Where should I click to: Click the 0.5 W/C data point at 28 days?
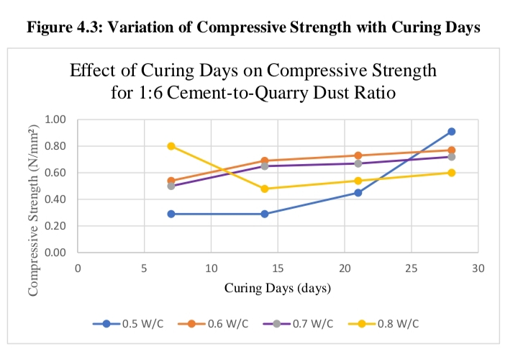pos(451,132)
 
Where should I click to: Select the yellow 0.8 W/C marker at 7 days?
pos(171,146)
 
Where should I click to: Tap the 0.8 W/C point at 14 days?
pos(265,189)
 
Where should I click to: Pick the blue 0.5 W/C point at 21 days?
pos(358,193)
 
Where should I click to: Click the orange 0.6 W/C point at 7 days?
pos(171,181)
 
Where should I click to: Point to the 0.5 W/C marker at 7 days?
pos(171,214)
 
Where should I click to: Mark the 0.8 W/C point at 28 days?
pos(451,173)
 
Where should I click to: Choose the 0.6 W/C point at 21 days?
pos(358,156)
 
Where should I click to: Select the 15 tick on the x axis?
pos(278,268)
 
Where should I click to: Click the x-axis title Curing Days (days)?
pos(277,289)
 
